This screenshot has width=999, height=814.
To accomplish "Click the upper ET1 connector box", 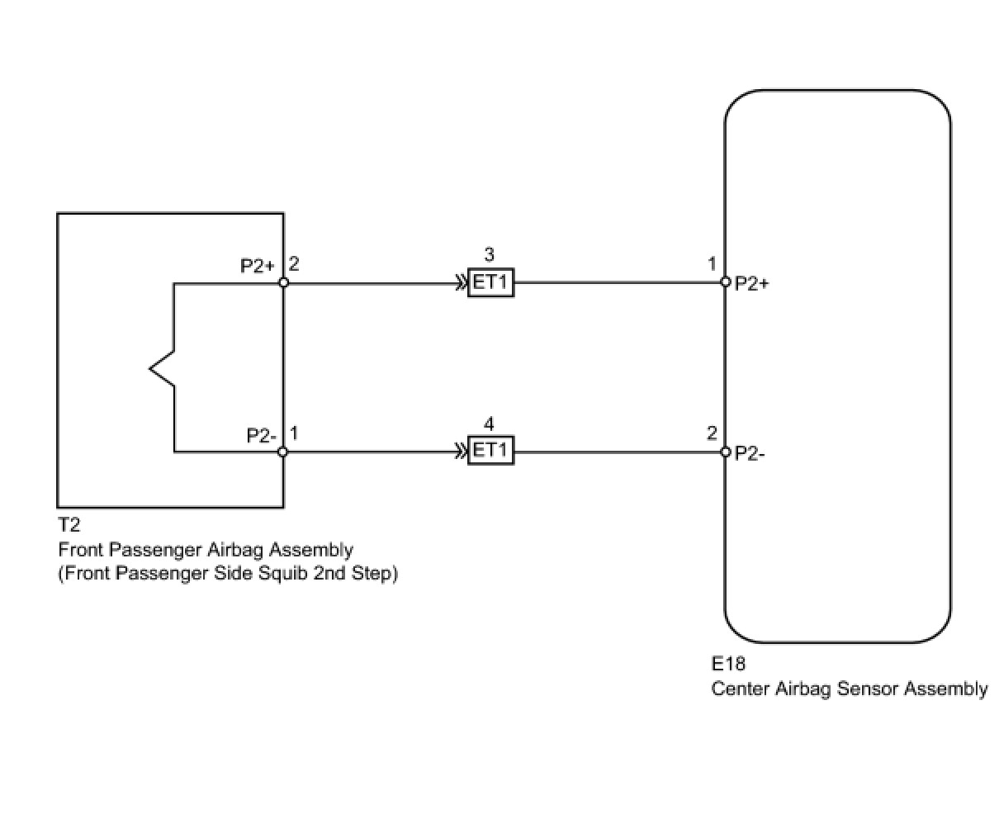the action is [490, 282].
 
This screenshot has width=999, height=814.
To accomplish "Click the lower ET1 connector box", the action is [490, 450].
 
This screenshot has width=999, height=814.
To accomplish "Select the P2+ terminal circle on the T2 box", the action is [283, 282].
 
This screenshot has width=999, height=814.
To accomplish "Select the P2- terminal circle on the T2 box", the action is [282, 452].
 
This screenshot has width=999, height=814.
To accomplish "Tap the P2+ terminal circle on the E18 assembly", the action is [725, 282].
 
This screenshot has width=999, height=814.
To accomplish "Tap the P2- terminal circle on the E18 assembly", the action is [725, 452].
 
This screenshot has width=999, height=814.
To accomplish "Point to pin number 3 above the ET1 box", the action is [489, 254].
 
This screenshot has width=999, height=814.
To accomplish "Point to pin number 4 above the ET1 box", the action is [489, 424].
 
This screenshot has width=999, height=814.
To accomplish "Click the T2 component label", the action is [69, 525].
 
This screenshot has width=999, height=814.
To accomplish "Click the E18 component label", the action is [728, 664].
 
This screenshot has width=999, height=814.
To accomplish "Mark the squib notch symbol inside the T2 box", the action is [162, 368].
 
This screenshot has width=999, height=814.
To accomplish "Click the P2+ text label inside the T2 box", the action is [257, 266].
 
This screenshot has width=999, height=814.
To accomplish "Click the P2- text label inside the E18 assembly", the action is [750, 453].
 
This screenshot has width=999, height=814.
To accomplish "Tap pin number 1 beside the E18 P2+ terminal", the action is [712, 264].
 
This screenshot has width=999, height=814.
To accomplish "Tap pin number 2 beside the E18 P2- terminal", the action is [712, 433].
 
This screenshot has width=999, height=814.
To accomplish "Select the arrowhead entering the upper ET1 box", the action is [462, 282].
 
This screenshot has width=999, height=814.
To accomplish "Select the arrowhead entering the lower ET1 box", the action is [462, 452].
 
